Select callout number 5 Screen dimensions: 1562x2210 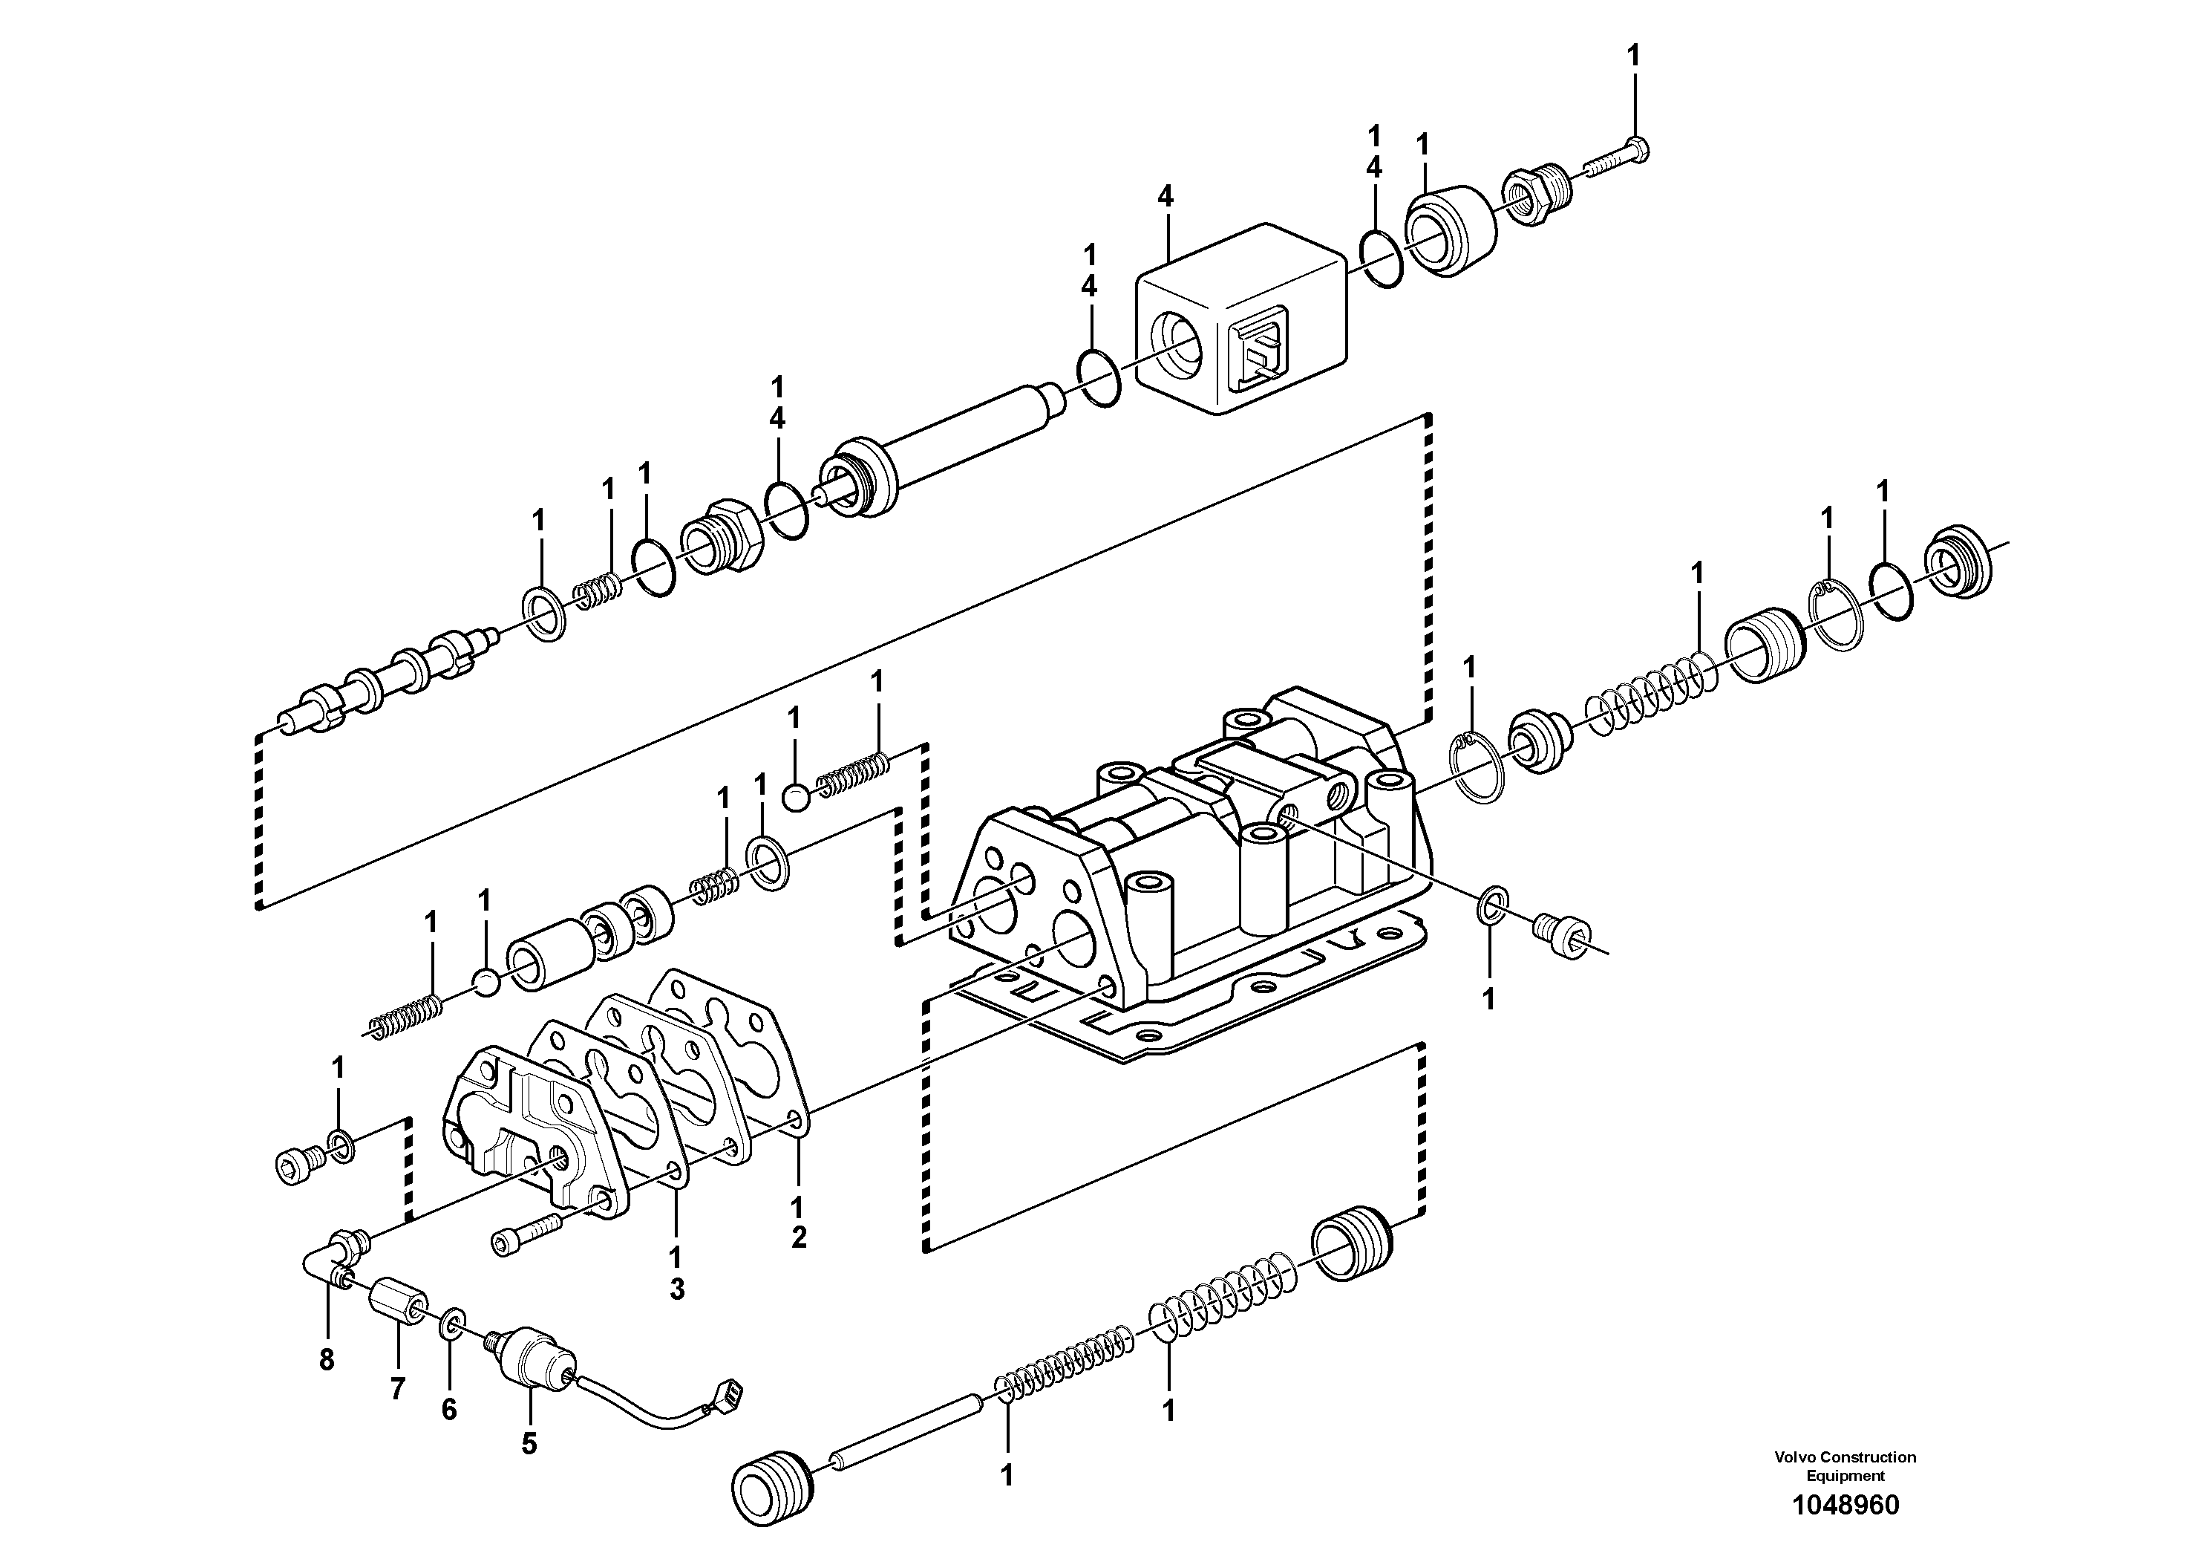(529, 1445)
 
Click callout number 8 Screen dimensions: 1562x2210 (327, 1360)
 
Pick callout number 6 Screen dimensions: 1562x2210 (448, 1409)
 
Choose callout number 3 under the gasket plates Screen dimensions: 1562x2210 (677, 1289)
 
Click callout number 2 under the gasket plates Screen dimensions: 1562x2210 (798, 1237)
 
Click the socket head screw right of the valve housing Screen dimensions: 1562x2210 (1560, 934)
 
